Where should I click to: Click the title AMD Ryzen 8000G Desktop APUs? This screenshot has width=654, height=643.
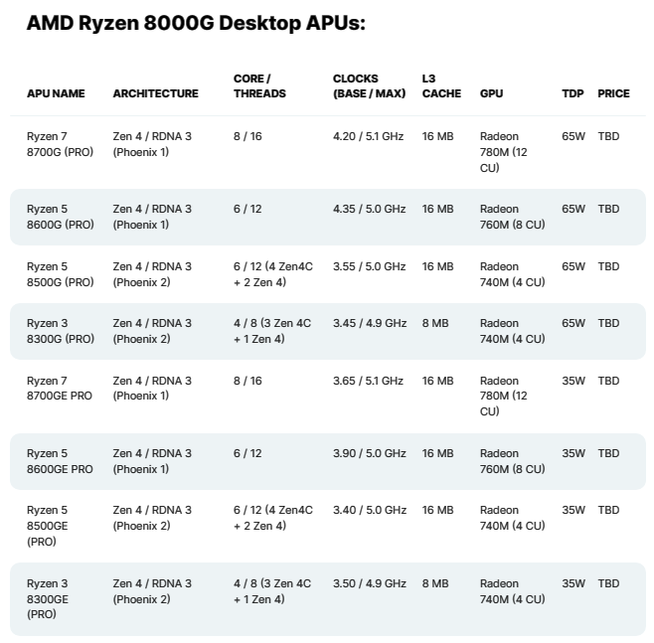coord(196,23)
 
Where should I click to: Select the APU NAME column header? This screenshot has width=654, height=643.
coord(56,93)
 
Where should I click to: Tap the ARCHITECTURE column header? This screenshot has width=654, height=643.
coord(155,93)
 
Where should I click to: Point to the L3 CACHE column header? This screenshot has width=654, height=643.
coord(441,85)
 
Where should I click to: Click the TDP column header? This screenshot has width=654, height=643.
coord(572,93)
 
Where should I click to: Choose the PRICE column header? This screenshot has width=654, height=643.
coord(613,93)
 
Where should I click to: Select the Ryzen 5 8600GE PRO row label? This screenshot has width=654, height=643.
coord(60,461)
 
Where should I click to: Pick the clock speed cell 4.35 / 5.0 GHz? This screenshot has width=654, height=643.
coord(369,209)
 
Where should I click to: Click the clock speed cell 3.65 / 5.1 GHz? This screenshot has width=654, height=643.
coord(368,381)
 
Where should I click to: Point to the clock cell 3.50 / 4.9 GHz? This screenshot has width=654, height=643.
coord(369,583)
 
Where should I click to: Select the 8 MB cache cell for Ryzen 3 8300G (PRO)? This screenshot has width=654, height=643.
coord(435,323)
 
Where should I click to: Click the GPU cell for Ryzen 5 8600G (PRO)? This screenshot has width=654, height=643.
coord(512,217)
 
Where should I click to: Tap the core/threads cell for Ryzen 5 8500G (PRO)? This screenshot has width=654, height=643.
coord(272,274)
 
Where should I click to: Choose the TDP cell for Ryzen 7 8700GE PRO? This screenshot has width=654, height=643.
coord(573,381)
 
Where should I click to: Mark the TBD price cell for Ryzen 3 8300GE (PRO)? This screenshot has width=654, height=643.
coord(608,583)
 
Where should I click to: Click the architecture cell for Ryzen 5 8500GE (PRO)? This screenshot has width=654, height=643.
coord(152,518)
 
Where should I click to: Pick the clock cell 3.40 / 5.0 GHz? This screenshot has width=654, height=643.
coord(369,510)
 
